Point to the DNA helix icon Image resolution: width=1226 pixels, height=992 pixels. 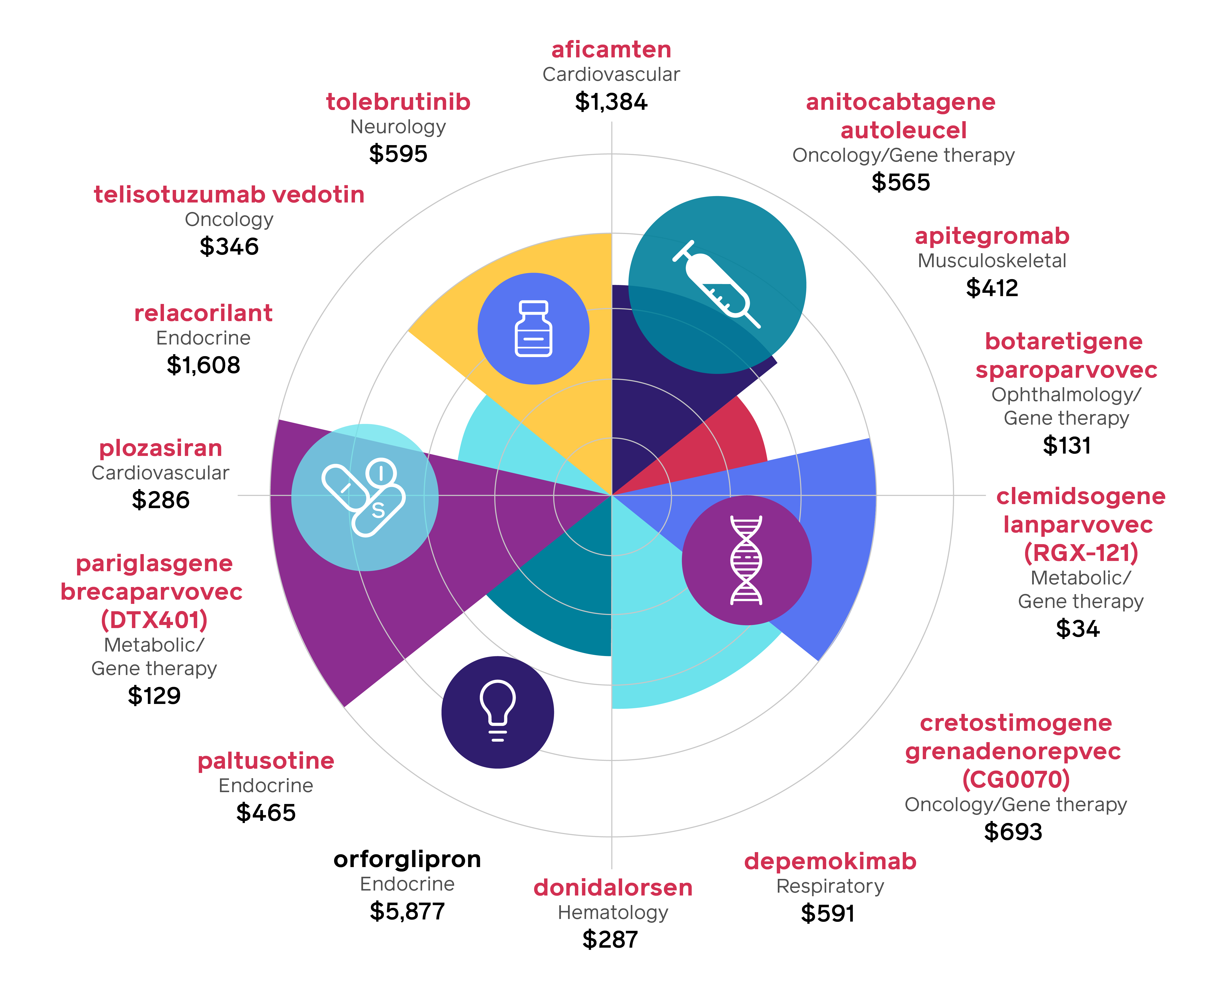point(746,560)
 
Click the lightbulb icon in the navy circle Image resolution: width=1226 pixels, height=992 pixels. point(498,712)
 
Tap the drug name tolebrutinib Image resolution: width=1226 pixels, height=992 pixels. point(398,102)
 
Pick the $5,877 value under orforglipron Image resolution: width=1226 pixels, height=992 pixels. point(407,911)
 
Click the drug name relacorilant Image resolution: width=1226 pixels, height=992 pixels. point(203,313)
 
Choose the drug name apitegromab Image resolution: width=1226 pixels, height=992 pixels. point(992,236)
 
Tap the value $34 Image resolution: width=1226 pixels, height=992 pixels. point(1077,629)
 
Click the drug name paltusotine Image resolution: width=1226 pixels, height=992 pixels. point(266,761)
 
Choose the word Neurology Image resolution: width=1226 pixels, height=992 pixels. point(398,127)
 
